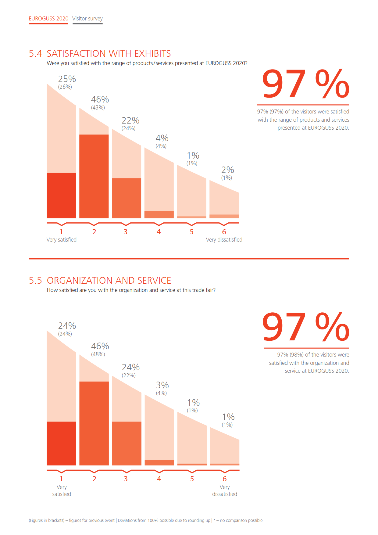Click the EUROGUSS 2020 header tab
pos(48,19)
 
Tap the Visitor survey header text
pos(87,19)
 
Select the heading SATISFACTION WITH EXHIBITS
pos(109,54)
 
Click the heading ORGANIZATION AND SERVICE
pos(109,281)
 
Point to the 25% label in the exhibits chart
pos(67,79)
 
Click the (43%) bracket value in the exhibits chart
pos(98,108)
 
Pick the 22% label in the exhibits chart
pos(130,120)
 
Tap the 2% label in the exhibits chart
pos(228,170)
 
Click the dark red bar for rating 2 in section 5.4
pos(94,176)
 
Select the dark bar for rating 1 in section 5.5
pos(61,443)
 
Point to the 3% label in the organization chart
pos(162,385)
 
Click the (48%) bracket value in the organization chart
pos(98,354)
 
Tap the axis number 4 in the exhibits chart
pos(159,232)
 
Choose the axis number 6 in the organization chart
pos(225,479)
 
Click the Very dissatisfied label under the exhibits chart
pos(224,240)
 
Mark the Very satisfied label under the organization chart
pos(62,490)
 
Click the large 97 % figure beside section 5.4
pos(305,84)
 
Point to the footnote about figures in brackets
pos(145,520)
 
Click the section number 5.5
pos(35,281)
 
